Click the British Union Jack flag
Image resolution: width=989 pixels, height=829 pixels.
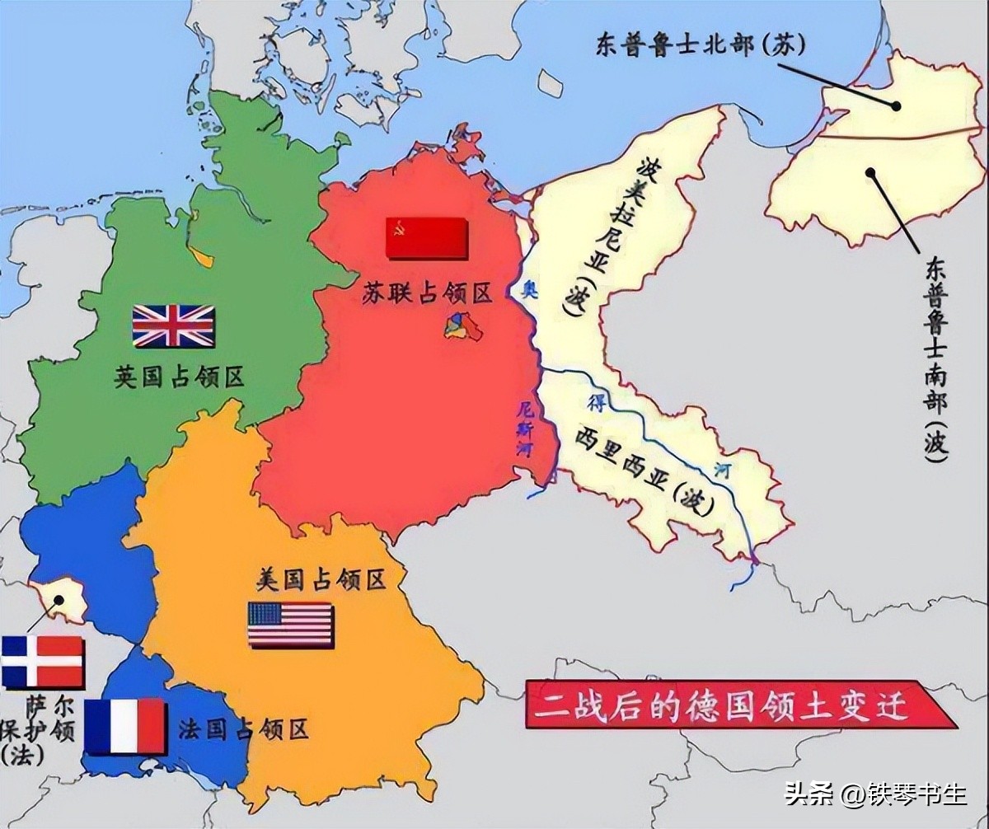point(173,326)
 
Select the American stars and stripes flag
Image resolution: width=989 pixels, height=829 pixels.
point(291,625)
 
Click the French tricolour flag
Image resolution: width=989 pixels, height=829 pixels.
point(125,727)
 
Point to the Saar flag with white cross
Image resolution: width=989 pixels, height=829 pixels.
point(42,662)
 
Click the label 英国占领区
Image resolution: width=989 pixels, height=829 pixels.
point(179,378)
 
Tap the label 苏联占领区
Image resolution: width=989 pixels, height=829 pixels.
point(426,293)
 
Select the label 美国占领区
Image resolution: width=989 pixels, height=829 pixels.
point(321,580)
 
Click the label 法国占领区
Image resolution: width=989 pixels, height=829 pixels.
point(243,728)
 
